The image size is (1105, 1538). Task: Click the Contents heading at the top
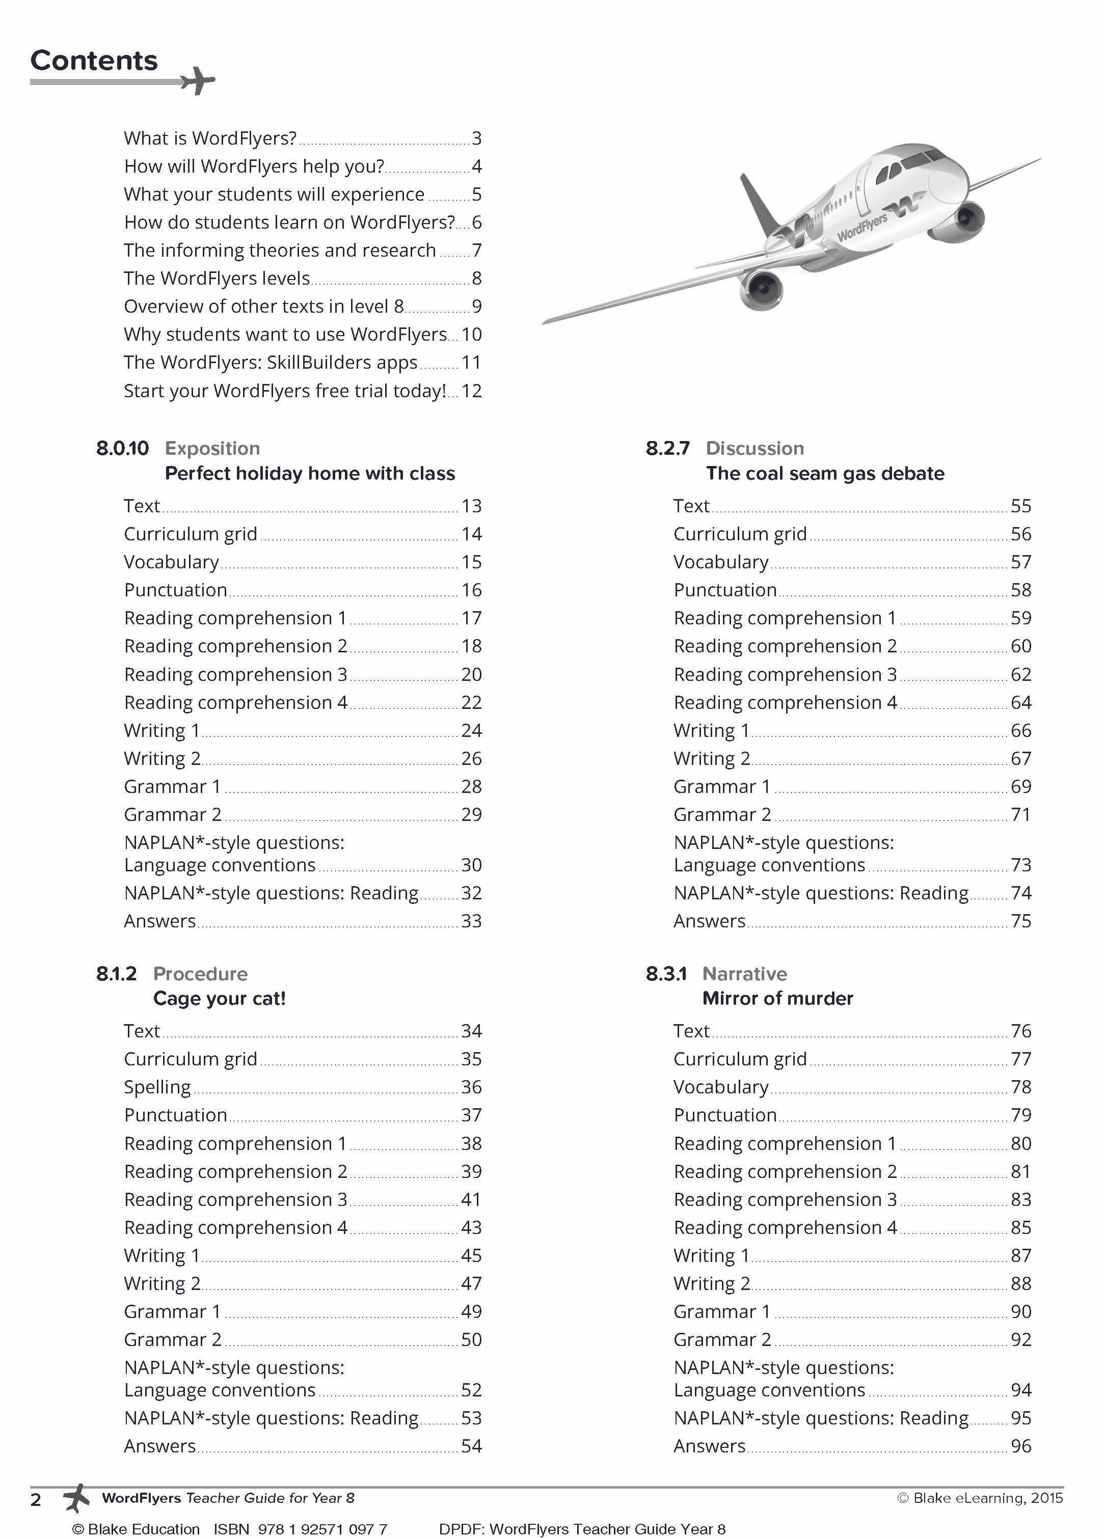[94, 61]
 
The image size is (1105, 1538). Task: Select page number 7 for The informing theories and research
[477, 250]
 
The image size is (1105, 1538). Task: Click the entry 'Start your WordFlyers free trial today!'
[284, 391]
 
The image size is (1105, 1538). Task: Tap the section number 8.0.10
[122, 448]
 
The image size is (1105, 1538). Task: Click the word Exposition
[212, 448]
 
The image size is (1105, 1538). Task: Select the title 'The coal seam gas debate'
[824, 473]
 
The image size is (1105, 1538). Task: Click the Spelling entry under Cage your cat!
[157, 1087]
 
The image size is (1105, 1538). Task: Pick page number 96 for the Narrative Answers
[1020, 1446]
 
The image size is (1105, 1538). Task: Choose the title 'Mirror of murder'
[777, 998]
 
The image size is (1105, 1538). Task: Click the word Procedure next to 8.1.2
[200, 974]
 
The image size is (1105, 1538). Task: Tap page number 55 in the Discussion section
[1020, 506]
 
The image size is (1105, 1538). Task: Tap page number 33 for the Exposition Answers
[471, 921]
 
